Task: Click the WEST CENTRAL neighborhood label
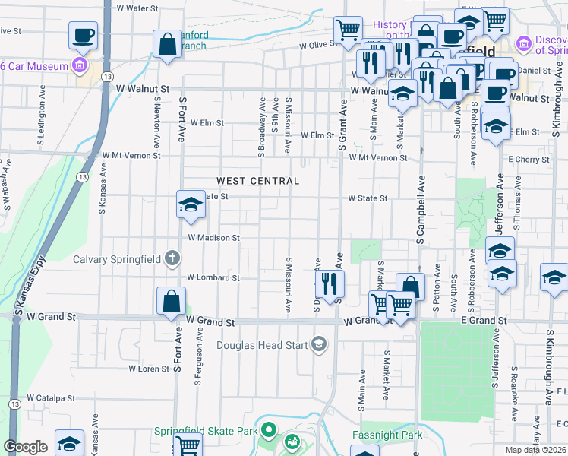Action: tap(257, 181)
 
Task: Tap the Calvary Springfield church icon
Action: tap(172, 258)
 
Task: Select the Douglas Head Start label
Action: tap(261, 346)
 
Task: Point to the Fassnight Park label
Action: tap(387, 435)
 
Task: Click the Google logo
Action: tap(25, 447)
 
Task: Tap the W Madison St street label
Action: tap(213, 238)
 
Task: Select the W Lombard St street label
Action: tap(213, 277)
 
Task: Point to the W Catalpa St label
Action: tap(51, 397)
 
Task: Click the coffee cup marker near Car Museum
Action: tap(84, 35)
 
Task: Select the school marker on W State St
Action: tap(190, 204)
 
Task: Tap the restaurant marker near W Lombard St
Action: tap(330, 284)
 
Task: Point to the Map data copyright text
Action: tap(535, 450)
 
